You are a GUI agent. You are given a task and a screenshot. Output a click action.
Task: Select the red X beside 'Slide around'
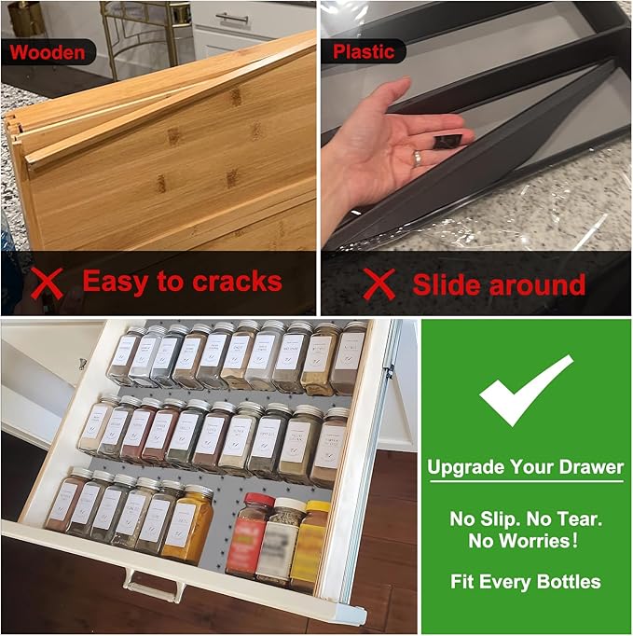pos(378,283)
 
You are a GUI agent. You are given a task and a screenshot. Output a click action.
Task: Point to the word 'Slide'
pos(451,283)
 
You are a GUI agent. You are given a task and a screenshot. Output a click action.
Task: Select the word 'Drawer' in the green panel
pos(591,466)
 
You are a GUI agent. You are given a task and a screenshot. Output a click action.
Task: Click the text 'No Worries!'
pos(527,539)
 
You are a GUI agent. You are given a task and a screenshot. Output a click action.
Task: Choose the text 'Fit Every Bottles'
pos(527,583)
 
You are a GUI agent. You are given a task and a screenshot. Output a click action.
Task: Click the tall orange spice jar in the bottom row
pos(193,522)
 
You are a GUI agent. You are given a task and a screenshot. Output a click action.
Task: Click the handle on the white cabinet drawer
pos(233,19)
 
